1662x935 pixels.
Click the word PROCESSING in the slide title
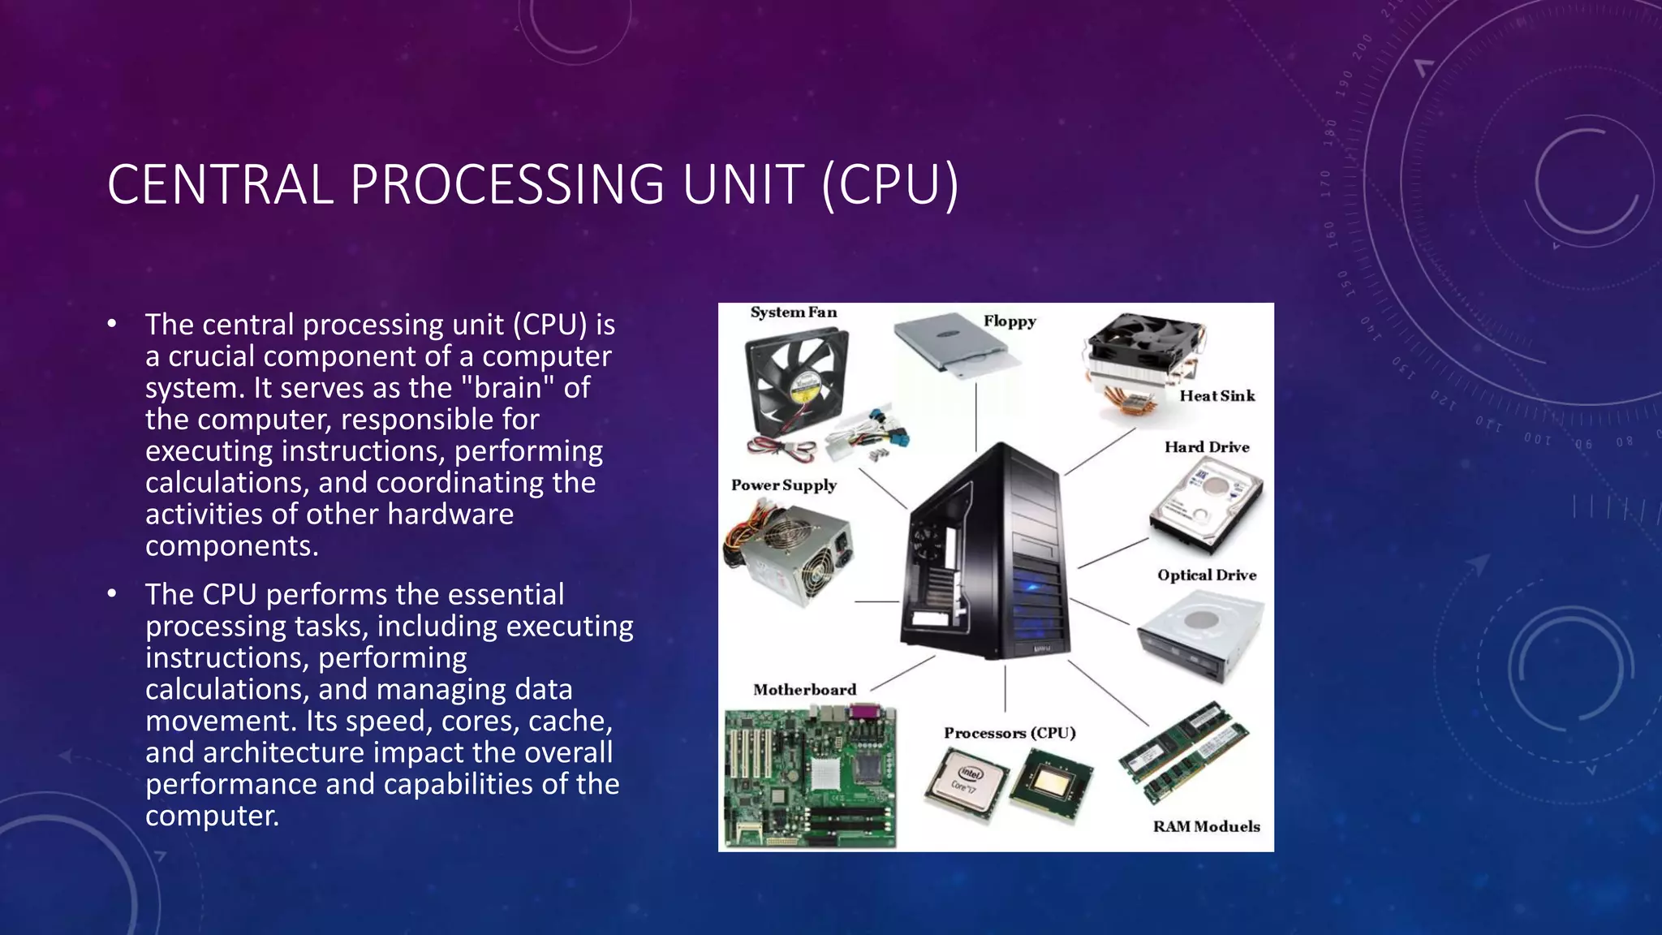(507, 184)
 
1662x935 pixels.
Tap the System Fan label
(793, 312)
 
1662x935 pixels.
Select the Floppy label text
(1010, 321)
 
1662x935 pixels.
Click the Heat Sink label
(1216, 396)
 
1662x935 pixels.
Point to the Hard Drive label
(1207, 447)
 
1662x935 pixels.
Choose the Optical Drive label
(1207, 575)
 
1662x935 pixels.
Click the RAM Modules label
(1206, 827)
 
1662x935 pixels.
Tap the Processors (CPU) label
(1010, 733)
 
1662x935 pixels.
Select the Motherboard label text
(804, 690)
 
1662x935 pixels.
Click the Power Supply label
(783, 485)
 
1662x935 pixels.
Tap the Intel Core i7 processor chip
(966, 781)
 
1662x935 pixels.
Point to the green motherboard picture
(810, 777)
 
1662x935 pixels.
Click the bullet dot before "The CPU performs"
(112, 595)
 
